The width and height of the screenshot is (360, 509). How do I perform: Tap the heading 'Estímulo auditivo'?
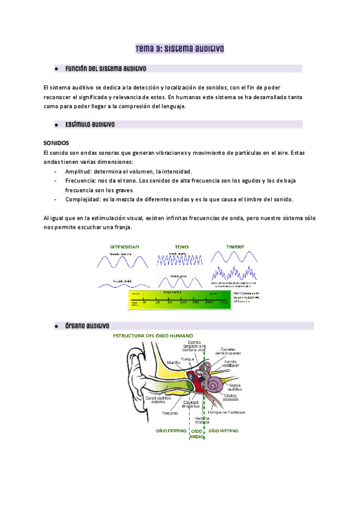click(90, 125)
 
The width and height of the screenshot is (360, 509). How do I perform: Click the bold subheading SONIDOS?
click(56, 143)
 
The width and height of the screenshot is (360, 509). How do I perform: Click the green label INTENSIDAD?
click(124, 247)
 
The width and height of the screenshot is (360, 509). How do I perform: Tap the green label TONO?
click(181, 247)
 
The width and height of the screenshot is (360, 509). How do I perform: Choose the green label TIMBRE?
click(235, 247)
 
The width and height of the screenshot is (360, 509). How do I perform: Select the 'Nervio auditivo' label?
click(240, 387)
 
